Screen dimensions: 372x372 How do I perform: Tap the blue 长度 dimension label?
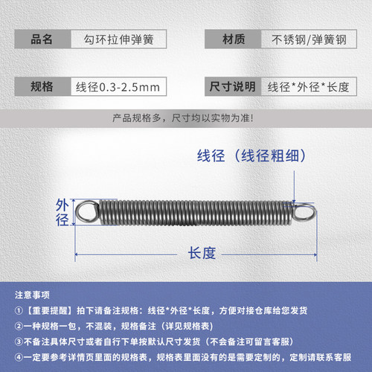(197, 254)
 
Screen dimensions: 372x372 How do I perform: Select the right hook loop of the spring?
(302, 212)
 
